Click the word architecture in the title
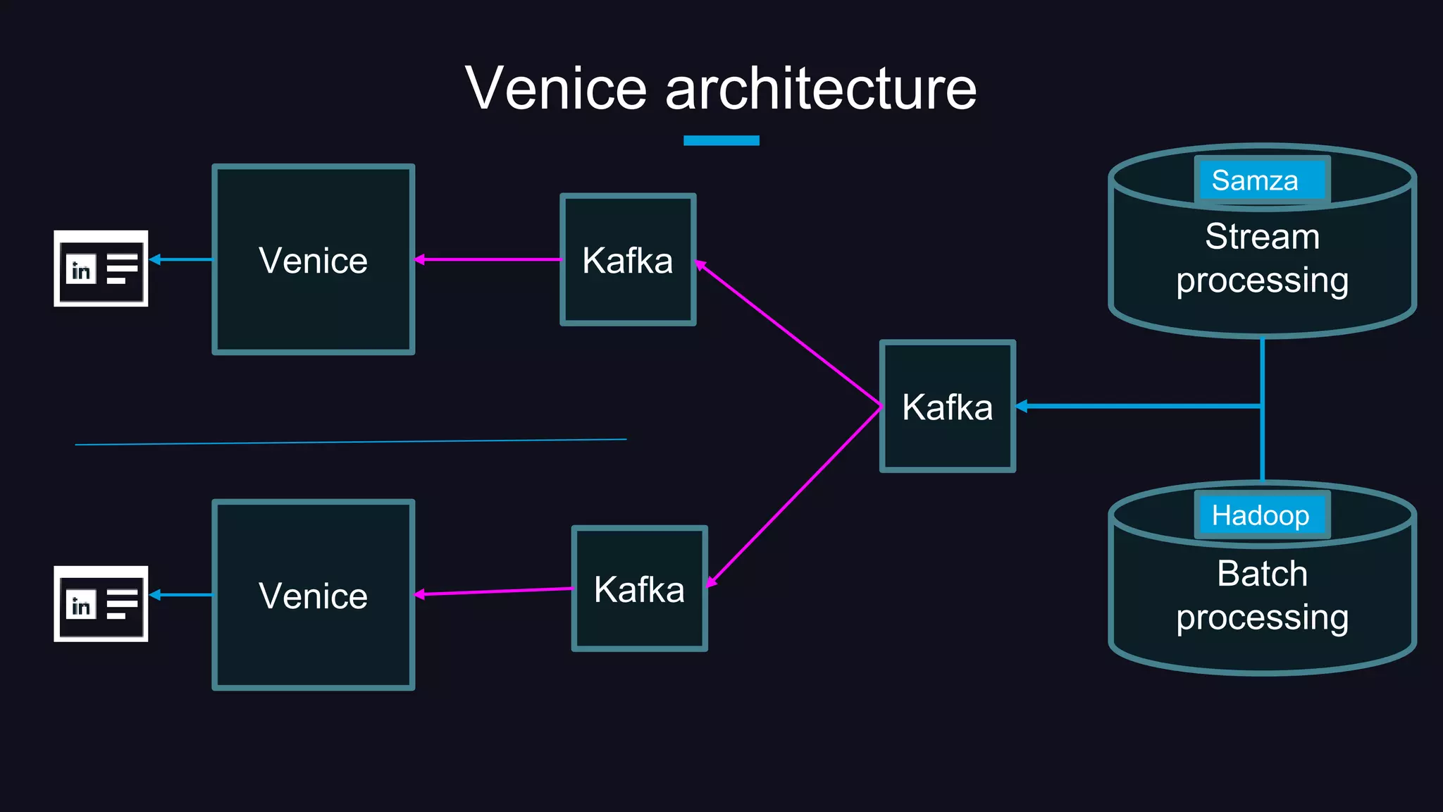click(x=820, y=89)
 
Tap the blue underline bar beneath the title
click(x=721, y=140)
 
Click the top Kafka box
click(x=627, y=296)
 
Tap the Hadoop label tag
click(x=1261, y=515)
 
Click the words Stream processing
click(x=1262, y=258)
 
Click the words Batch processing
click(x=1262, y=595)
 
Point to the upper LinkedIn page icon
click(x=101, y=269)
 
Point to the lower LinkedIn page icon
click(x=101, y=604)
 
